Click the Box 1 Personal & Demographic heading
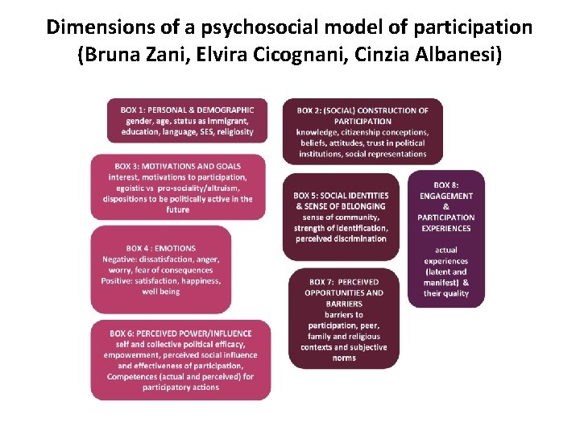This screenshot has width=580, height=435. [x=188, y=110]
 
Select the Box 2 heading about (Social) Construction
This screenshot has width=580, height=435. [x=362, y=110]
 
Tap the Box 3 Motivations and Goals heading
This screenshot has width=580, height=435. [x=178, y=166]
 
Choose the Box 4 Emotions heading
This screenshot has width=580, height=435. [x=161, y=248]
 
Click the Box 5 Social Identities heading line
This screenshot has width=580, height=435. [x=341, y=196]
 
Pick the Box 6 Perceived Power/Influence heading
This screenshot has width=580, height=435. [x=180, y=333]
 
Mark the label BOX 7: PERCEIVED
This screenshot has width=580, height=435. [x=343, y=282]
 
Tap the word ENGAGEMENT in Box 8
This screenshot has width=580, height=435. [x=446, y=196]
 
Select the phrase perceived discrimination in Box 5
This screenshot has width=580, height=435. [x=341, y=238]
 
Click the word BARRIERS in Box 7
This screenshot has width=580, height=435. [x=344, y=304]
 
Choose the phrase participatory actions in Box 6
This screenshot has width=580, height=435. [x=180, y=387]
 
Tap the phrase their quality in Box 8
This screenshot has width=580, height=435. [x=446, y=293]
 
